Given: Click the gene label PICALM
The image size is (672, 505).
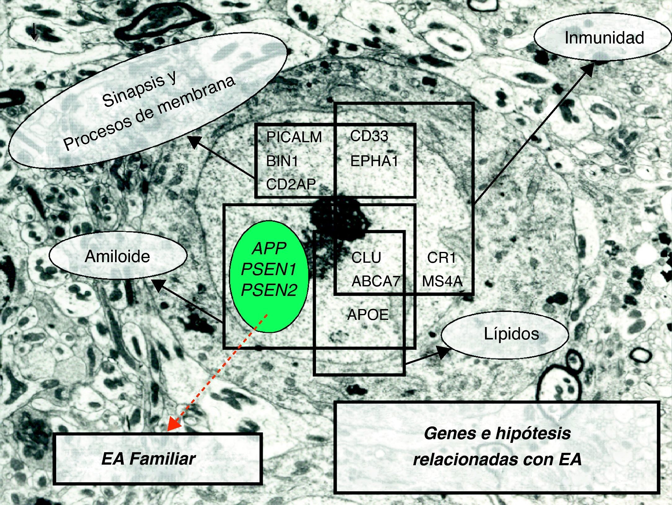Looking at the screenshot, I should [294, 137].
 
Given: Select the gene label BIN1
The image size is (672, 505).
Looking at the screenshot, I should [282, 161].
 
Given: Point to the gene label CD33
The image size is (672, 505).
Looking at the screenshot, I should [369, 136].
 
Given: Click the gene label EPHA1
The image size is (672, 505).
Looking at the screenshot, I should [374, 161].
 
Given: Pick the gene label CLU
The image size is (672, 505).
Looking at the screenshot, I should [366, 258].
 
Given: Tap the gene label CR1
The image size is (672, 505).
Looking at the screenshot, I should [441, 258].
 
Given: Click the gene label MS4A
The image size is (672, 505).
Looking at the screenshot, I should [442, 281].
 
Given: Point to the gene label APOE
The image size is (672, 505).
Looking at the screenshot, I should [368, 315].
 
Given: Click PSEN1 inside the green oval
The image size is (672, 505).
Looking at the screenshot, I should [269, 270].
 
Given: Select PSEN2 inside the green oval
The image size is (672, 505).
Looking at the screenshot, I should [269, 290].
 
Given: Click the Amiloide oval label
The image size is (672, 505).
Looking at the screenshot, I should [118, 257].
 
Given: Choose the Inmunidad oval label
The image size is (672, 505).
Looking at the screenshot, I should [604, 38].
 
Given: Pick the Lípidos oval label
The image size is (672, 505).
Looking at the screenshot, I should [511, 334].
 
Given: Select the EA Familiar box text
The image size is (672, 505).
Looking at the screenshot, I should [149, 459].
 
